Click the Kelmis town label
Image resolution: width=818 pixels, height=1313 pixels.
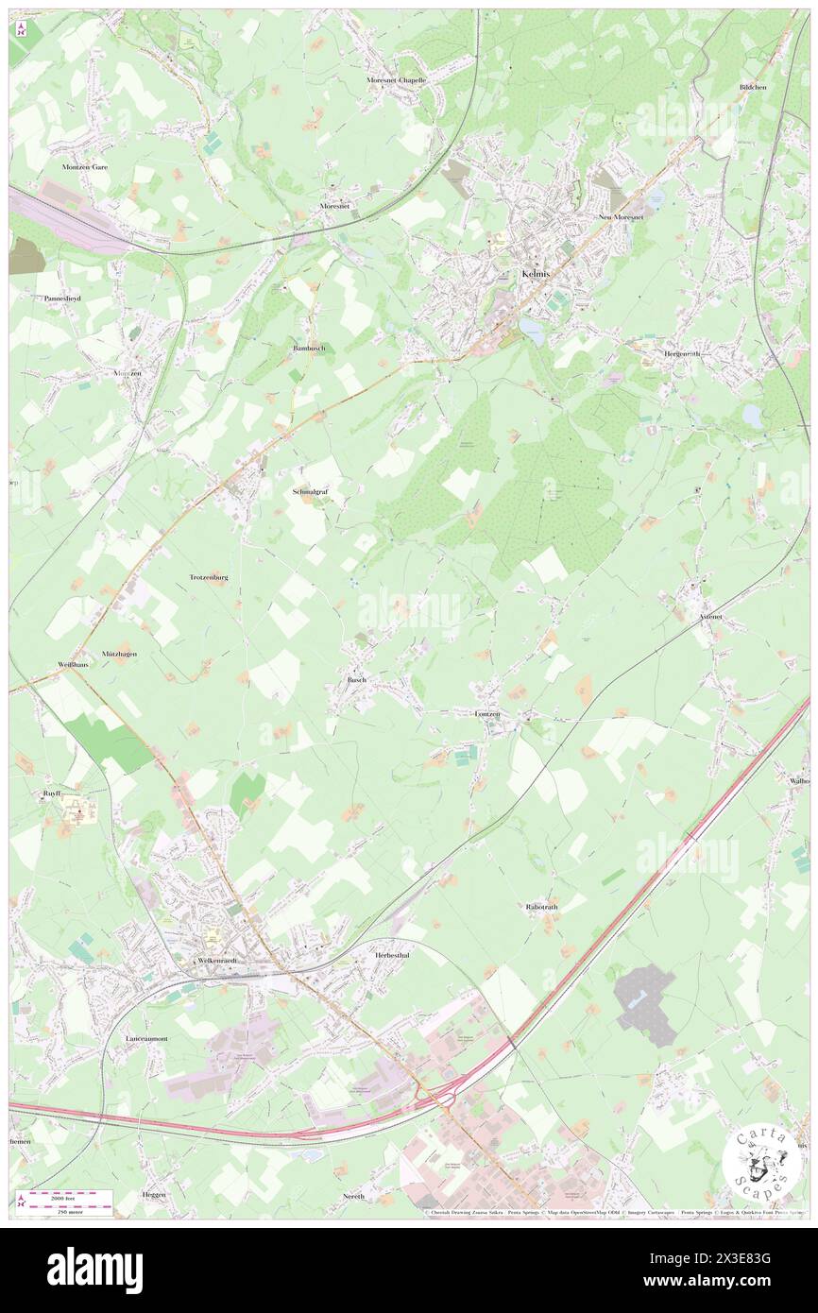pyautogui.click(x=534, y=274)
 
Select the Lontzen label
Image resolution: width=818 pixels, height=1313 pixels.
pyautogui.click(x=486, y=714)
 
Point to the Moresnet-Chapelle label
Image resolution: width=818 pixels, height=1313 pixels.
pyautogui.click(x=397, y=80)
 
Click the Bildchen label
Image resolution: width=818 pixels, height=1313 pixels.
pyautogui.click(x=754, y=87)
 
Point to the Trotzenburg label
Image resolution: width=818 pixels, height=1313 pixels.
pyautogui.click(x=209, y=576)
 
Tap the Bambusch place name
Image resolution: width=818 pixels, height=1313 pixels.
pyautogui.click(x=308, y=349)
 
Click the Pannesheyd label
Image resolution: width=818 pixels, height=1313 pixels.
pyautogui.click(x=62, y=298)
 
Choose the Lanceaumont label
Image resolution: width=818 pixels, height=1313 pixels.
pyautogui.click(x=146, y=1039)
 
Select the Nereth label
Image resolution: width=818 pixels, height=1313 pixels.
pyautogui.click(x=354, y=1196)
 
